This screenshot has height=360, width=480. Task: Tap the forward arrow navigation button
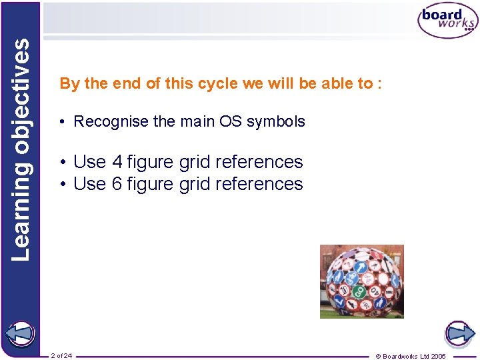pos(459,333)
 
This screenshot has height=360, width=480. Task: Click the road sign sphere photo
pos(361,281)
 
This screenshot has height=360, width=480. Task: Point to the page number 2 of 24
pos(61,355)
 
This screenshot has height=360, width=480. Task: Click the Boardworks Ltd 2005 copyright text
pos(410,356)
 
